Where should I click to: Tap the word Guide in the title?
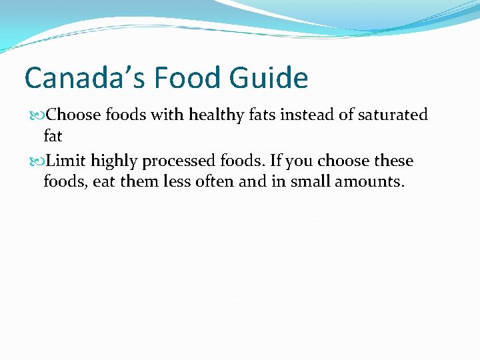(268, 79)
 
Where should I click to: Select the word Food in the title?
(189, 79)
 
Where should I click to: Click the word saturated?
(393, 115)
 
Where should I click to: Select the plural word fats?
(262, 115)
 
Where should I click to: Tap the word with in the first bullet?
(169, 115)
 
